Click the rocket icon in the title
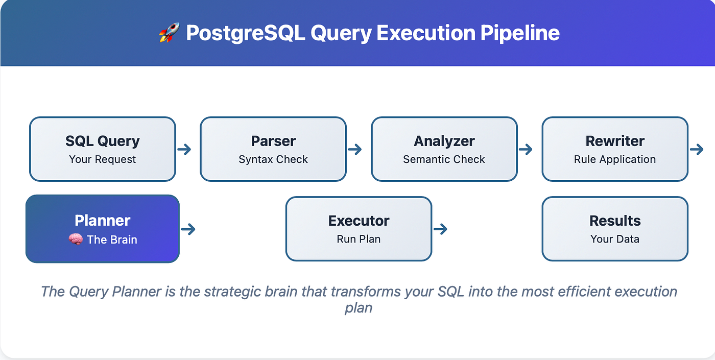pos(169,33)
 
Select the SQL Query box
pos(102,149)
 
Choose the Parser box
pos(273,149)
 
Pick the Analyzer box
pos(444,149)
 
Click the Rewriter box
pos(615,149)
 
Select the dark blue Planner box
pos(102,229)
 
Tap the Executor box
pos(359,229)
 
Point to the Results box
pos(615,229)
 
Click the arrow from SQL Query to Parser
pos(184,149)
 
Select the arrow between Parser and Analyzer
pos(355,149)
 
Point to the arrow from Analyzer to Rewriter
pos(526,149)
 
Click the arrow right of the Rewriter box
pos(697,149)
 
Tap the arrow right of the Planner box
pos(188,229)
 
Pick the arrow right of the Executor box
pos(440,229)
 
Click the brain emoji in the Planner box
pos(76,239)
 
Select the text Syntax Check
pos(273,159)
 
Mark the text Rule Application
pos(615,159)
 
